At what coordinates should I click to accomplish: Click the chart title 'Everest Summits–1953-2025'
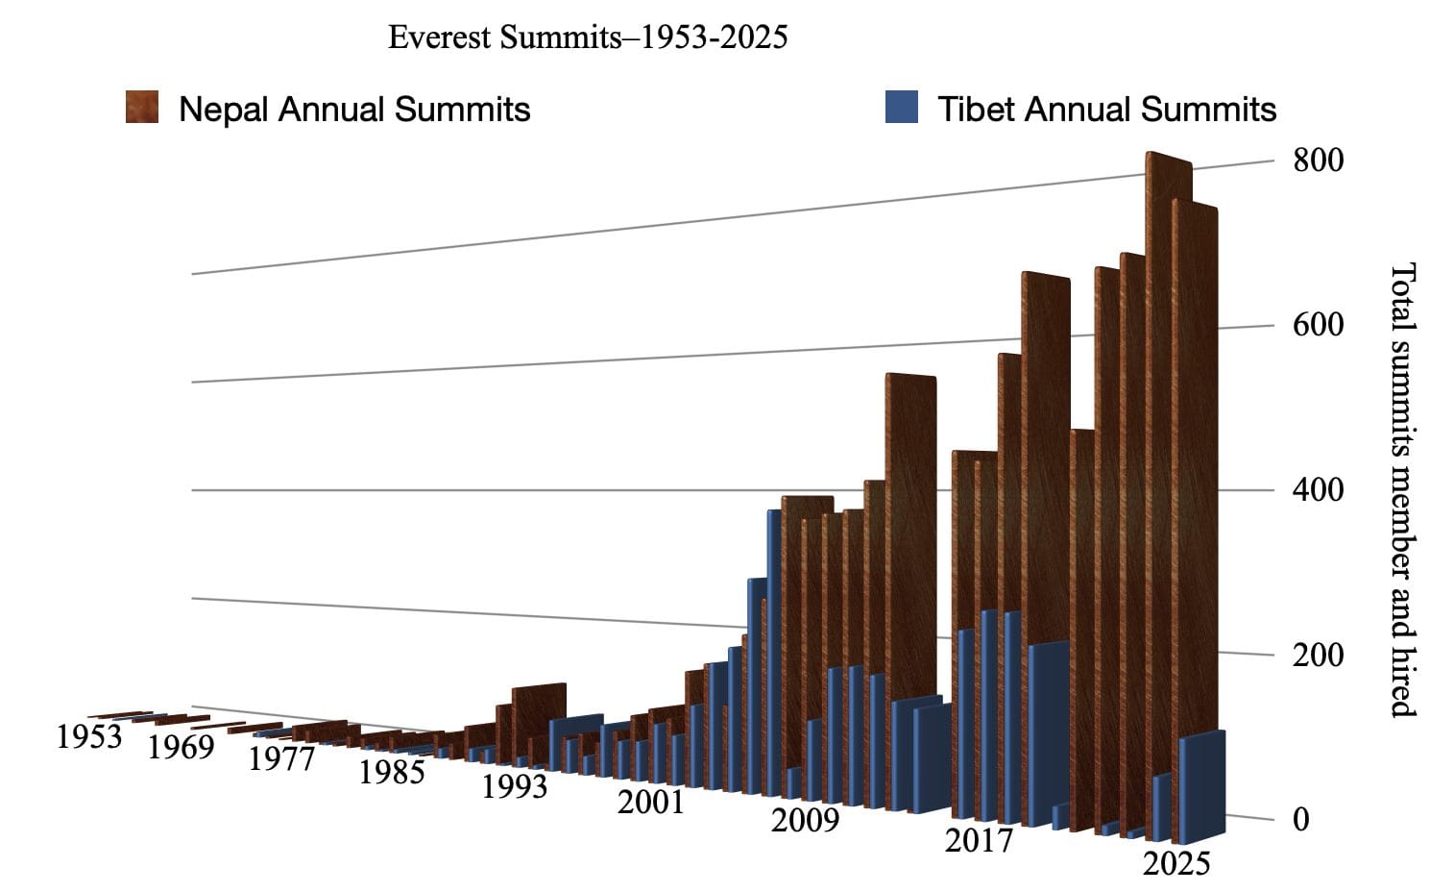(587, 37)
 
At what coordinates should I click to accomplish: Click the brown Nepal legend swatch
(142, 107)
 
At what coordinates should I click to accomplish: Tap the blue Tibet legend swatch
(901, 107)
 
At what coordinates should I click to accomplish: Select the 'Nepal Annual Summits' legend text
(354, 110)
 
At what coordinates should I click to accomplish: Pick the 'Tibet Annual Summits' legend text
(1106, 110)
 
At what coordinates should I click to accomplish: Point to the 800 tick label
(1318, 161)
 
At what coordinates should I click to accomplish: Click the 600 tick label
(1318, 325)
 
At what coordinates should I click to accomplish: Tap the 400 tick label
(1318, 490)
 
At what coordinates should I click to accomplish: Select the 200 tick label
(1318, 656)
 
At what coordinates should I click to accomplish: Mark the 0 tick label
(1301, 820)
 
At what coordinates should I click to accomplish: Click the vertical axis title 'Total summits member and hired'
(1403, 489)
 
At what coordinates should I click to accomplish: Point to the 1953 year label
(89, 737)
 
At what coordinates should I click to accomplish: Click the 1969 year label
(181, 747)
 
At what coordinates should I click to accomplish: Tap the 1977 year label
(281, 759)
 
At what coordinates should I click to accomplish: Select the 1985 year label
(392, 772)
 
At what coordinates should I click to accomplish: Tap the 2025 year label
(1176, 863)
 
